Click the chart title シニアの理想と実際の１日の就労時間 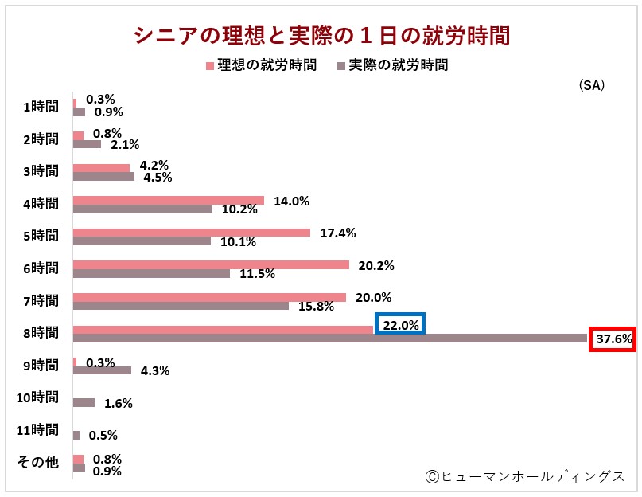pyautogui.click(x=321, y=36)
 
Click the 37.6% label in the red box pyautogui.click(x=613, y=339)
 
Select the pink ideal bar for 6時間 pyautogui.click(x=211, y=264)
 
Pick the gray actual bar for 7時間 pyautogui.click(x=181, y=306)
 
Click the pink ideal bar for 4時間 pyautogui.click(x=168, y=200)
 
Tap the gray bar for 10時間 pyautogui.click(x=84, y=403)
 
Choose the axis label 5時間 pyautogui.click(x=40, y=236)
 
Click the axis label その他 pyautogui.click(x=38, y=463)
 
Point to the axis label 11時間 pyautogui.click(x=37, y=430)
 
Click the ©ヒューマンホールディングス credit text pyautogui.click(x=526, y=476)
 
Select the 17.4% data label pyautogui.click(x=338, y=233)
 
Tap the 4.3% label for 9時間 pyautogui.click(x=155, y=370)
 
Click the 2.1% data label pyautogui.click(x=125, y=144)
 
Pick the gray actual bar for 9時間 pyautogui.click(x=102, y=370)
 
